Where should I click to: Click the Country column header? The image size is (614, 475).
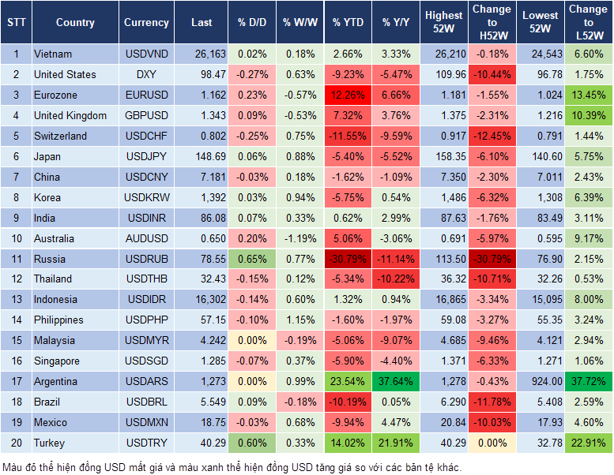click(75, 23)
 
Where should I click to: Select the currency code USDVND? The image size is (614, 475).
click(146, 54)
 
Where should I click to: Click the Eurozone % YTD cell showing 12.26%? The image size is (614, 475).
click(348, 95)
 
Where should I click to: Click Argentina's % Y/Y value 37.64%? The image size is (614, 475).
click(396, 381)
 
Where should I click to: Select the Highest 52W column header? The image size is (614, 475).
click(443, 23)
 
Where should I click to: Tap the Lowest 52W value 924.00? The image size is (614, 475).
click(542, 381)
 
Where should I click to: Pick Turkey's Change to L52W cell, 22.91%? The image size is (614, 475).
click(588, 443)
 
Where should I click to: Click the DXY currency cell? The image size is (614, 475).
click(146, 75)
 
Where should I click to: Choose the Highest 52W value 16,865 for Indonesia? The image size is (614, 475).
click(443, 300)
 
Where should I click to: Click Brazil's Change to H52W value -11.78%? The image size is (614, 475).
click(492, 402)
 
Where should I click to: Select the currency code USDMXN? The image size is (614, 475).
click(146, 422)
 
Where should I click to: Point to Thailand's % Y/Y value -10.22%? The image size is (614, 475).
click(396, 279)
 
